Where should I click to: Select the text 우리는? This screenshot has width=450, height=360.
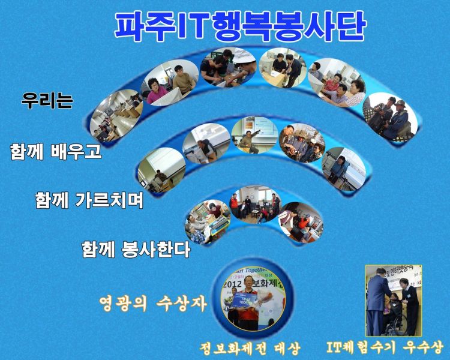(x=47, y=100)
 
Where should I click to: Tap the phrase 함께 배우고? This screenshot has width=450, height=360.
(x=56, y=151)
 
